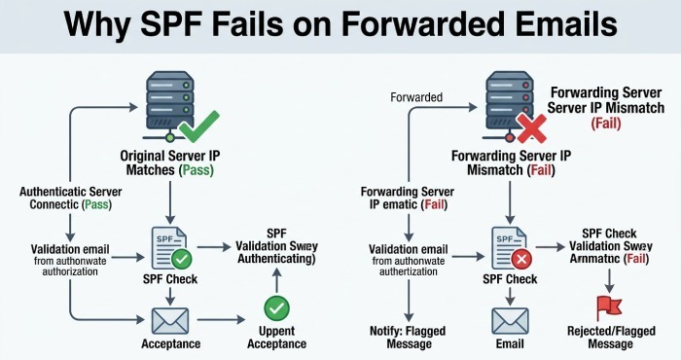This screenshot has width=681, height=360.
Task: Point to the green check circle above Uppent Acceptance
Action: [277, 309]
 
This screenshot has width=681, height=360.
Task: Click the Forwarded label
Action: [415, 97]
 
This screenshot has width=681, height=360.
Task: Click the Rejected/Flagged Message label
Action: [609, 336]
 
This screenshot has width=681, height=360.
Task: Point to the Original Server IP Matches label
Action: [169, 162]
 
